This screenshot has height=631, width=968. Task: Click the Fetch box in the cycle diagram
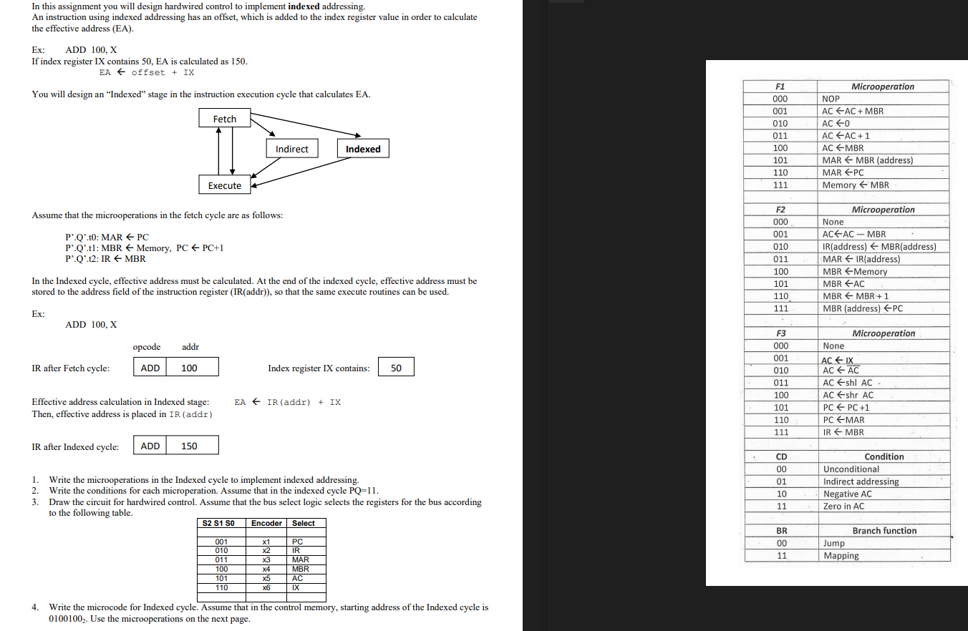(224, 119)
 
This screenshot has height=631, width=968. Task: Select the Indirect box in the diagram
(291, 149)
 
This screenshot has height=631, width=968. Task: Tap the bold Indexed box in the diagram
(363, 149)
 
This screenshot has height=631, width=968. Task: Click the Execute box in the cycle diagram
(225, 185)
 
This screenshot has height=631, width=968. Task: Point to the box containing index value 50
(396, 368)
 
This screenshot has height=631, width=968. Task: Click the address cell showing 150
(191, 446)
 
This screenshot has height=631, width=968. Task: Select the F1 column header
(780, 87)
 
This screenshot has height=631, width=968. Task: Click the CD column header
(781, 456)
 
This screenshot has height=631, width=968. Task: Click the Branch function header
(884, 531)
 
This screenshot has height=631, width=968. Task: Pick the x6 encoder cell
(266, 587)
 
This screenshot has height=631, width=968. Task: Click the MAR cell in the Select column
(301, 559)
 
